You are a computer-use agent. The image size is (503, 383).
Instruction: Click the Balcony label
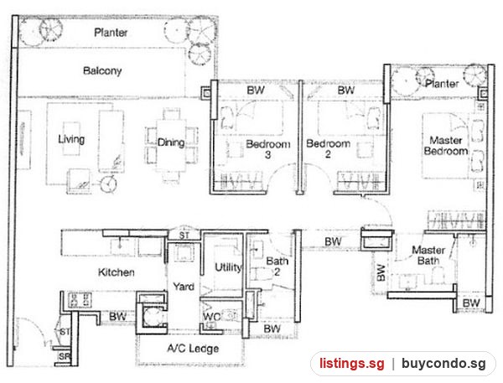coord(102,70)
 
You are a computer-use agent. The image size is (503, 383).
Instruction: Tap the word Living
coord(71,139)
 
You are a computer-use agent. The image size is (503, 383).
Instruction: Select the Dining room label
coord(171,142)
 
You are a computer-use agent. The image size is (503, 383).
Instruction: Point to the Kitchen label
coord(117,272)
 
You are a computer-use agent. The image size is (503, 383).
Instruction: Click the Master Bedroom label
coord(446,145)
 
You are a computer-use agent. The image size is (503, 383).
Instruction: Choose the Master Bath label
coord(428,255)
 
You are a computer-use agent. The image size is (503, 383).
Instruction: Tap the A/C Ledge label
coord(193,349)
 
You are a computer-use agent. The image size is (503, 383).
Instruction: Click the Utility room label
coord(228,267)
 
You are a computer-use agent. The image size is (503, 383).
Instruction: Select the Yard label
coord(184,286)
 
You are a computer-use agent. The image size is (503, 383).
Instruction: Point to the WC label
coord(211,317)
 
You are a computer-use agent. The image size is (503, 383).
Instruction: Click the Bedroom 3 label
coord(268,149)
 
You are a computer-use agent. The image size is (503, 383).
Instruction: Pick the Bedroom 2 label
coord(328,148)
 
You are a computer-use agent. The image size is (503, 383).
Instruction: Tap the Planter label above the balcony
coord(111,33)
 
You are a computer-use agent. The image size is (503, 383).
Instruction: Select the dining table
coord(171,146)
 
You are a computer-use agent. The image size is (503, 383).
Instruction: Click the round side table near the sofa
coord(108,184)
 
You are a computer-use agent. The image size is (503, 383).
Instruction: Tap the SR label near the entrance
coord(64,356)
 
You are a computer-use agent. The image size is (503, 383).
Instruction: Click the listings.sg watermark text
coord(351,363)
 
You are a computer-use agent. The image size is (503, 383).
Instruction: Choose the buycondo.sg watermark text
coord(443,364)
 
